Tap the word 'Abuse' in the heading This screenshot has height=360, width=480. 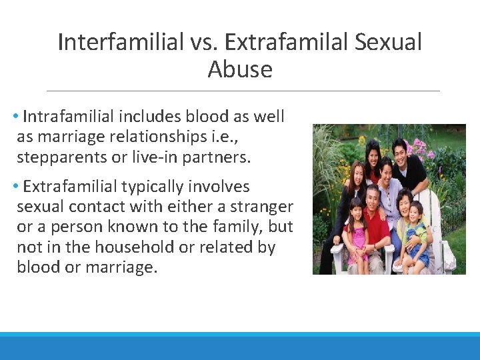pos(240,69)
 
